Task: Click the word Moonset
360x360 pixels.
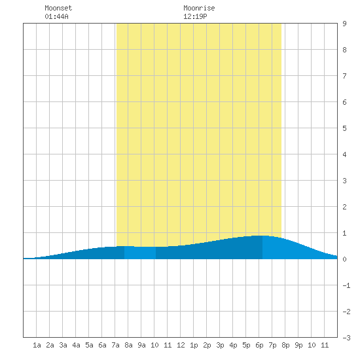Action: (58, 8)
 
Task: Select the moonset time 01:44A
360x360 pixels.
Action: (56, 16)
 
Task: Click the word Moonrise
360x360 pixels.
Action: (199, 8)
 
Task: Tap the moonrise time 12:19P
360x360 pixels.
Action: (195, 16)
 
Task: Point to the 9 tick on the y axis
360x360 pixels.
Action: (344, 24)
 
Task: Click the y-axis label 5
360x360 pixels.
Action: (344, 128)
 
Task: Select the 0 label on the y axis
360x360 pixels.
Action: (344, 259)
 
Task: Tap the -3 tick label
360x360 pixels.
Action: (346, 338)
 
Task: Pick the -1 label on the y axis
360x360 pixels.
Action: (346, 285)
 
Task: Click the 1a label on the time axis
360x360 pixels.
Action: (37, 345)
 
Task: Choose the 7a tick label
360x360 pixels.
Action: (115, 345)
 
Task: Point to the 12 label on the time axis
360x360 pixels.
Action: (181, 345)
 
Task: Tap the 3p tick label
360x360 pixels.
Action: (220, 345)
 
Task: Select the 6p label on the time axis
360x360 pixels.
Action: (259, 345)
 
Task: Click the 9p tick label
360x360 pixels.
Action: (298, 345)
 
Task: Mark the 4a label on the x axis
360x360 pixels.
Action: (76, 345)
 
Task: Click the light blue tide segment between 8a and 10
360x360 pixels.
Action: (140, 253)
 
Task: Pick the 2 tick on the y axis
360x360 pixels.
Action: (344, 207)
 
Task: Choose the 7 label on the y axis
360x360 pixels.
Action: (344, 76)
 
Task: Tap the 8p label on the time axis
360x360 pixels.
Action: (285, 345)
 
